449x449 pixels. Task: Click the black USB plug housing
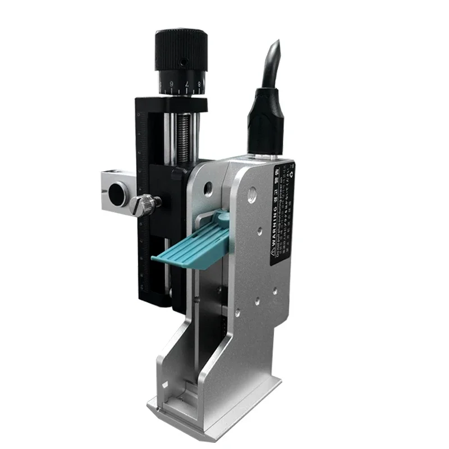[265, 121]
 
